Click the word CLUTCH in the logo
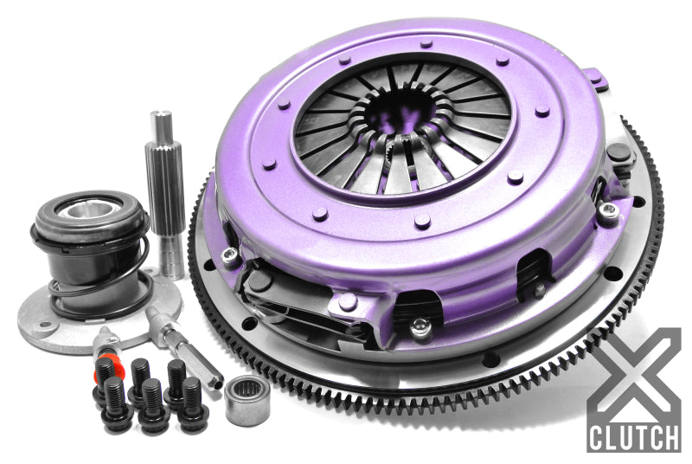tap(633, 435)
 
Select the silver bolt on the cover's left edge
tap(230, 254)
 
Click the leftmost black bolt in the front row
tap(118, 411)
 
